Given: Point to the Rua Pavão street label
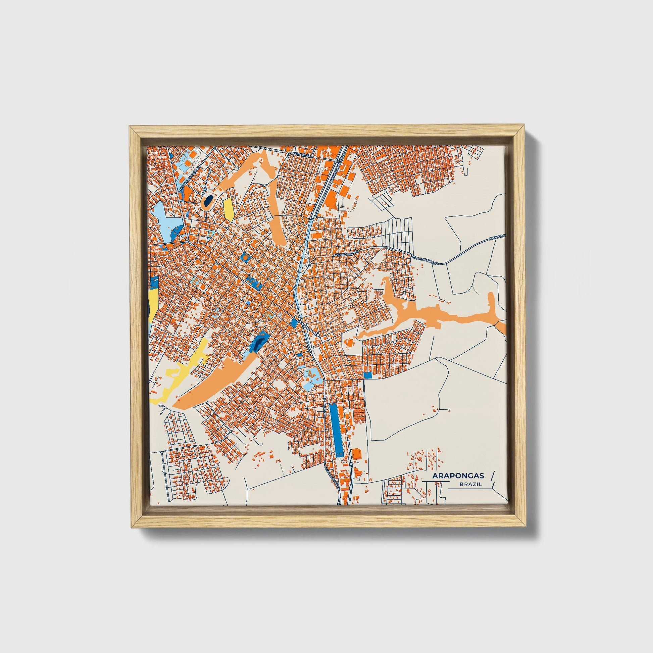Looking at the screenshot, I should pyautogui.click(x=301, y=154).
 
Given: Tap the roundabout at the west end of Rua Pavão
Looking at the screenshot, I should pyautogui.click(x=288, y=154).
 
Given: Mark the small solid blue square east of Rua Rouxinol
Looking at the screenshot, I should pyautogui.click(x=368, y=375).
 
